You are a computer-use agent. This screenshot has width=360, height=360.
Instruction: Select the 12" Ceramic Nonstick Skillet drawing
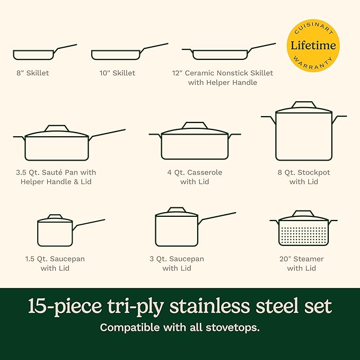(x=221, y=54)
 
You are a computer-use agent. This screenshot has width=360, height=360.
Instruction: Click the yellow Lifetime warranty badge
(x=313, y=46)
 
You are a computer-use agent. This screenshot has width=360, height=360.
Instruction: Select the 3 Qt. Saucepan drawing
(x=177, y=230)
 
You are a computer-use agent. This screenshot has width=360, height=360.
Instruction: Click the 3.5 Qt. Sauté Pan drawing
(x=57, y=146)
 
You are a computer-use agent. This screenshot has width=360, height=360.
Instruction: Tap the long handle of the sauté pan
(x=109, y=133)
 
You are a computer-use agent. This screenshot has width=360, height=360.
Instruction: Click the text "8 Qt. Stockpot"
(x=304, y=172)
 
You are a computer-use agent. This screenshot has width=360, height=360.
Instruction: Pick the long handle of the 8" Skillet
(x=66, y=47)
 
